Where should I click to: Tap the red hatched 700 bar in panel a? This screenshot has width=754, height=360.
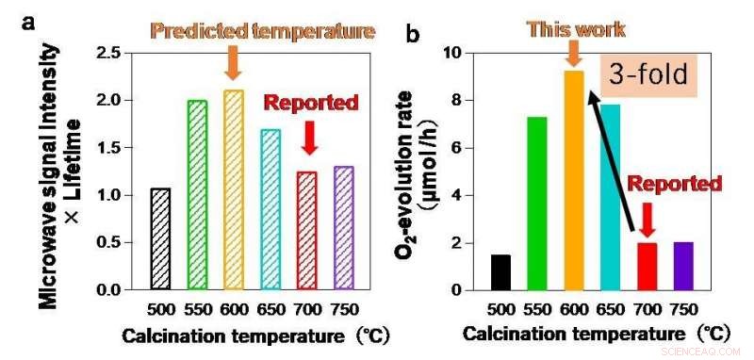click(x=307, y=231)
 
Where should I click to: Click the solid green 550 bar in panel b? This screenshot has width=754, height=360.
click(x=536, y=204)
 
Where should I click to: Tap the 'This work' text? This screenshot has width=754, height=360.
click(x=576, y=28)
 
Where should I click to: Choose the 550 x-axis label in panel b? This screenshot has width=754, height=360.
click(x=536, y=309)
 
